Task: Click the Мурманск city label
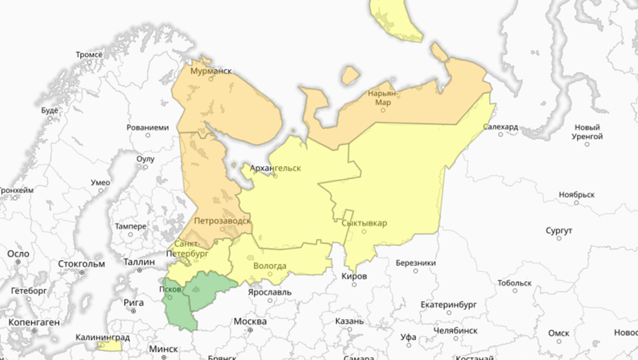[x=210, y=71]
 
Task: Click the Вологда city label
[x=270, y=266]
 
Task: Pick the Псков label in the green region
[x=170, y=289]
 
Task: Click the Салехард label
[x=501, y=127]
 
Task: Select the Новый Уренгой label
[x=587, y=132]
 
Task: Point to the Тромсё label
[x=88, y=54]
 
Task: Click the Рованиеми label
[x=147, y=128]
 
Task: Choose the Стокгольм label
[x=82, y=263]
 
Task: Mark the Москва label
[x=250, y=322]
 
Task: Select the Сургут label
[x=558, y=230]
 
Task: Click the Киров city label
[x=354, y=276]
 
